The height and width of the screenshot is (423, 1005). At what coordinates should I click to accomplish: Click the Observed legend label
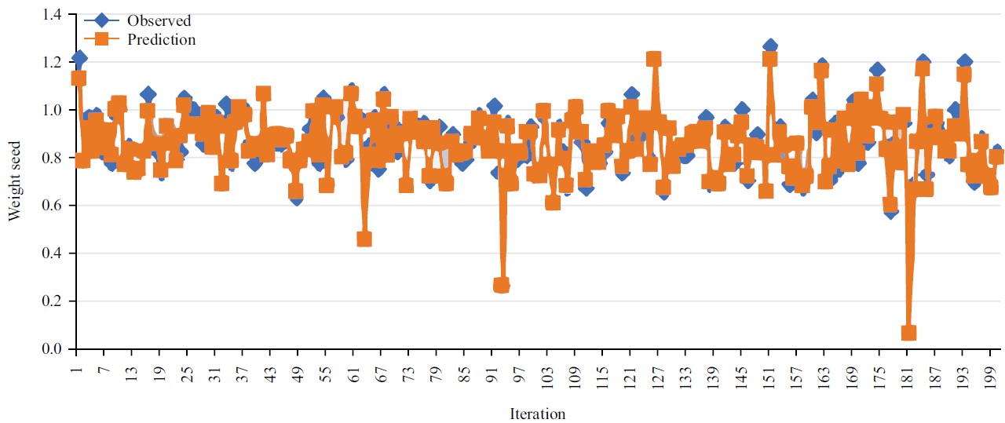coord(159,21)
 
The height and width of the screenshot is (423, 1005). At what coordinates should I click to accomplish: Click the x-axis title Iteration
coord(538,414)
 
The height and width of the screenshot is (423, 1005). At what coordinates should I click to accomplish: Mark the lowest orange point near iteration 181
coord(908,333)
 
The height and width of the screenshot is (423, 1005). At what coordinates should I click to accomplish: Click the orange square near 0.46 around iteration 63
coord(364,239)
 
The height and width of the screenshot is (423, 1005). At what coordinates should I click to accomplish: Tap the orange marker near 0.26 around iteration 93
coord(502,286)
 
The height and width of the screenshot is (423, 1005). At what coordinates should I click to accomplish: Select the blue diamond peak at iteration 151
coord(770,47)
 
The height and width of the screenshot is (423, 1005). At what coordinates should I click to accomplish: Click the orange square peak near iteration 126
coord(654,59)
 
